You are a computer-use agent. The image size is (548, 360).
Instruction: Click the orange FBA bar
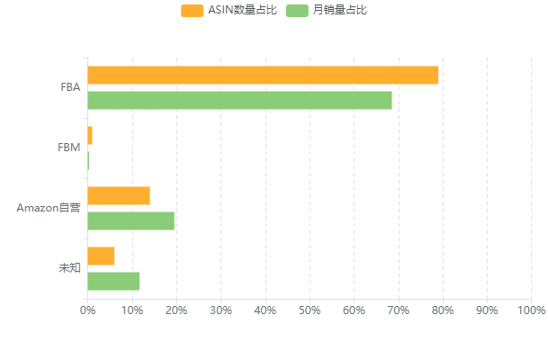click(x=263, y=76)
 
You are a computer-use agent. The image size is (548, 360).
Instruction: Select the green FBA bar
click(x=239, y=100)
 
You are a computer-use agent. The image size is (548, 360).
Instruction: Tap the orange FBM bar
click(x=90, y=136)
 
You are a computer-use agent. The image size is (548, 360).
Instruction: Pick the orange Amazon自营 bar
click(x=119, y=196)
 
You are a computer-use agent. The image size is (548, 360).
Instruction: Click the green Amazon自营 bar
click(x=130, y=220)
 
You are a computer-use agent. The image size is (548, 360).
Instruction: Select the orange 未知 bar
click(x=101, y=256)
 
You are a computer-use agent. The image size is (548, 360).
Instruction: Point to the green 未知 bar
click(x=113, y=281)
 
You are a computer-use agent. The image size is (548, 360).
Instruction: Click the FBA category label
click(x=70, y=87)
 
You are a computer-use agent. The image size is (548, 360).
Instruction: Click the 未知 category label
click(x=69, y=268)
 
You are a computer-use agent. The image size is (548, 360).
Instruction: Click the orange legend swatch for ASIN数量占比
click(x=192, y=11)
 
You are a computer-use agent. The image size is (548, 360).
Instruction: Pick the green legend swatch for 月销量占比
click(x=297, y=11)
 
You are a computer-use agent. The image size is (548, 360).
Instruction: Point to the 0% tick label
click(x=87, y=310)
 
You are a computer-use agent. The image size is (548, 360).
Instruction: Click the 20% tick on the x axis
click(x=176, y=310)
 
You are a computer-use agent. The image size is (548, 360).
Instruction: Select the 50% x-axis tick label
click(x=310, y=310)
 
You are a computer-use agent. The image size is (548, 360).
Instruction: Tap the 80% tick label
click(x=442, y=310)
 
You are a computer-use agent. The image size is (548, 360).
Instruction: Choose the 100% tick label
click(x=531, y=310)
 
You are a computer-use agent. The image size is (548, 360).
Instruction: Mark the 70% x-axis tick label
click(x=398, y=310)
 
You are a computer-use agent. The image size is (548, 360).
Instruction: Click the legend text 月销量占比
click(x=340, y=11)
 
